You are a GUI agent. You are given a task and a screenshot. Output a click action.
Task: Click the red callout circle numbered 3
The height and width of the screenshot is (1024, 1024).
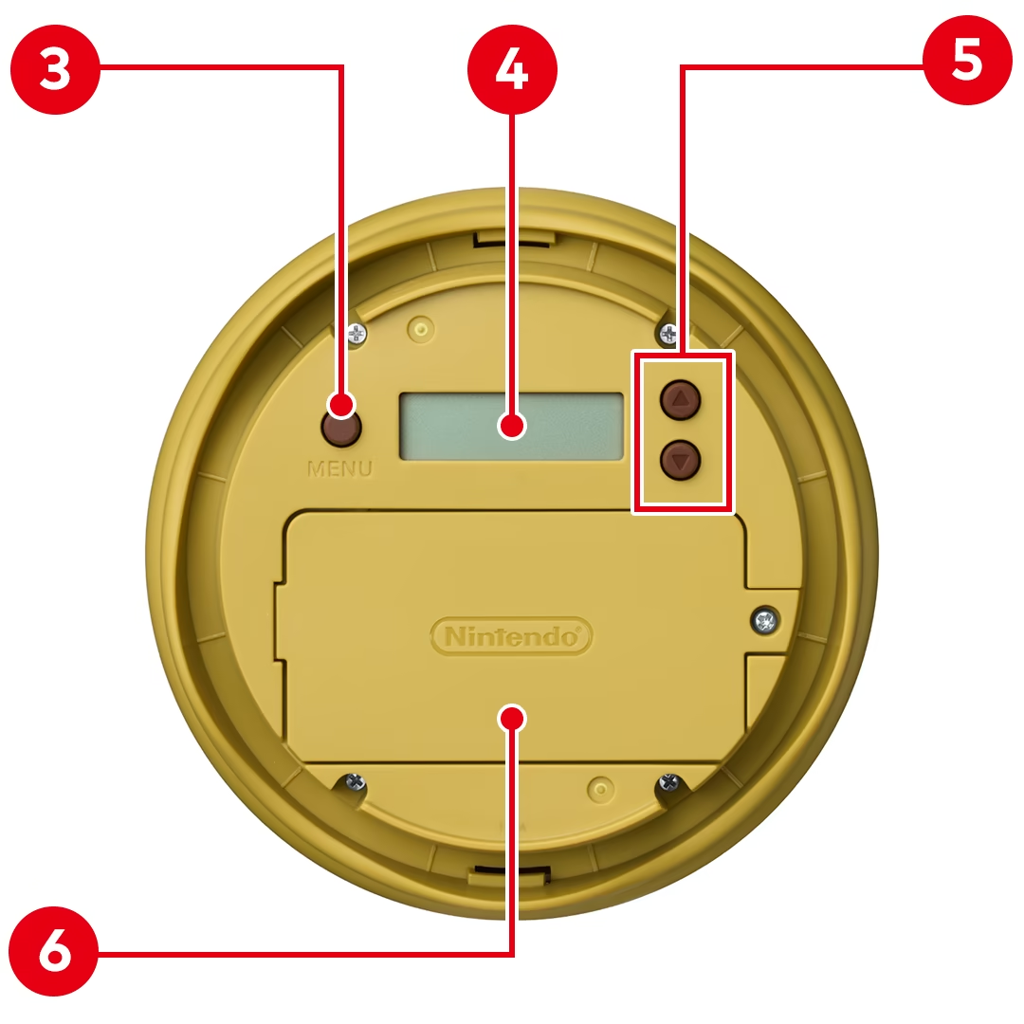coord(56,70)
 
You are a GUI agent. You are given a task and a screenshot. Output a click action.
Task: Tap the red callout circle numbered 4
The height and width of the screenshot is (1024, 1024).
coord(512,70)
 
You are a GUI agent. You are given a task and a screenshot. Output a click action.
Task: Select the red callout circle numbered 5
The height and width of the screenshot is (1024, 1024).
coord(967,60)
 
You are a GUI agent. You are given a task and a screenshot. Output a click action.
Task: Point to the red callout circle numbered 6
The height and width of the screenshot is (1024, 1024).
coord(53,951)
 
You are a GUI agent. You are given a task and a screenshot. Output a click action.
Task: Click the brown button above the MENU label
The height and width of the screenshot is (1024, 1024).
coord(341,428)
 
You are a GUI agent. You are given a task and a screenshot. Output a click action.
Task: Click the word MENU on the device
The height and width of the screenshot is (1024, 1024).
coord(339,469)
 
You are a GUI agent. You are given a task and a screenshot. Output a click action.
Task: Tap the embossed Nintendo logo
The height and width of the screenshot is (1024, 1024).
coord(511,636)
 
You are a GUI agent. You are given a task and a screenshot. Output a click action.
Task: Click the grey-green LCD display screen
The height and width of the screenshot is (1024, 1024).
coord(511,427)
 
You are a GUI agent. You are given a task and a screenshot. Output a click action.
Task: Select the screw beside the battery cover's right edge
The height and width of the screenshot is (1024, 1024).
coord(765,620)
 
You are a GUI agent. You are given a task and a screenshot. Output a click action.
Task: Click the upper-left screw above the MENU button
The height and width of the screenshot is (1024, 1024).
coord(357,335)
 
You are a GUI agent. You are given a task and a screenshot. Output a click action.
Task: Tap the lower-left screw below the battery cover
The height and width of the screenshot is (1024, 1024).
coord(355,781)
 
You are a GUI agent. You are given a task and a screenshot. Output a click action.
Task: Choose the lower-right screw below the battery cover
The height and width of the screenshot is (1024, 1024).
coord(669,781)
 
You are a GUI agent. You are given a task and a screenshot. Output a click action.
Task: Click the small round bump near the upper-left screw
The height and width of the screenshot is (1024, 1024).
coord(421,328)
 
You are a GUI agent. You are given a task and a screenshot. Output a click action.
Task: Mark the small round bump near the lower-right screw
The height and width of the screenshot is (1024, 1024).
coord(601,789)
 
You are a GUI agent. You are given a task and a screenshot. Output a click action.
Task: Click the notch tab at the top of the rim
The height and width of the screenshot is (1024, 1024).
coord(514,238)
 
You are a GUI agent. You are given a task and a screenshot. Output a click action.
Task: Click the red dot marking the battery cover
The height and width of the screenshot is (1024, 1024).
coord(511,719)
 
